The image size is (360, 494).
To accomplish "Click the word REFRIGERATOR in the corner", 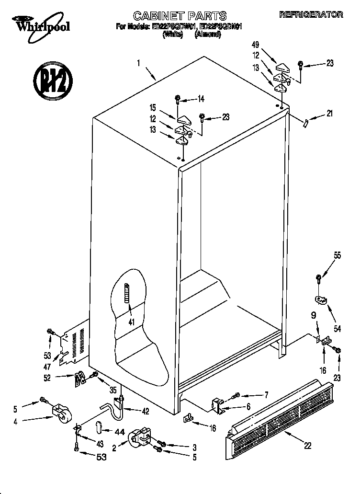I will click(311, 15).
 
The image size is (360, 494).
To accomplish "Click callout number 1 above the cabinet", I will click(139, 62).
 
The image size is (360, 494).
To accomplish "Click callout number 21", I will click(329, 114).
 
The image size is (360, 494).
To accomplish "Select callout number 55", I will click(337, 255).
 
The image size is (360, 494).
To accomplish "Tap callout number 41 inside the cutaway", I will click(130, 322).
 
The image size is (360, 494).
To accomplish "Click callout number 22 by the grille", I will click(307, 445).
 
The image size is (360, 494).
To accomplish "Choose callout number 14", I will click(201, 99).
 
